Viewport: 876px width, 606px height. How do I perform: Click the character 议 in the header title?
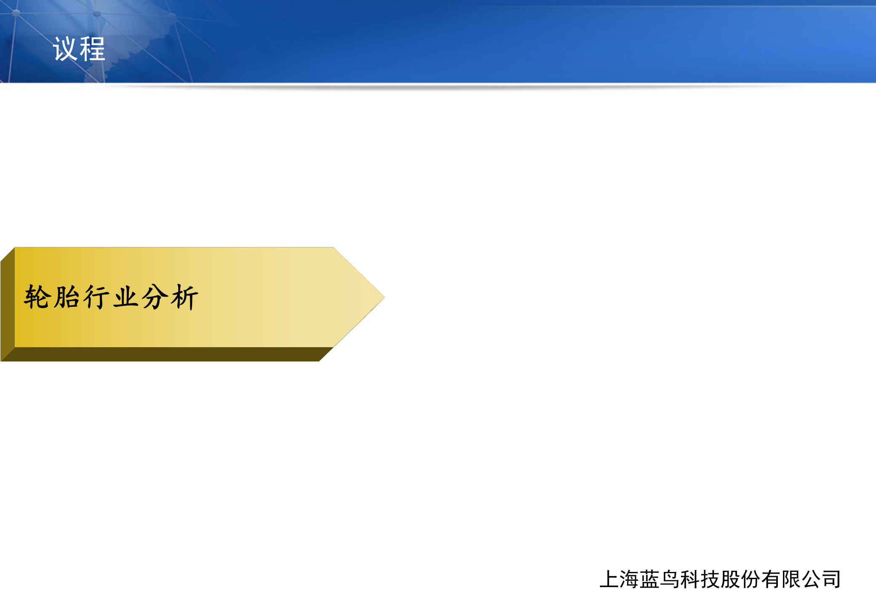coord(65,49)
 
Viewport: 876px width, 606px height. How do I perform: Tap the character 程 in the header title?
coord(92,49)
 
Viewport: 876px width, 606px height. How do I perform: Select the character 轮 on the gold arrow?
coord(37,297)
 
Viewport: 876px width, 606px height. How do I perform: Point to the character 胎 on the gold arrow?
coord(67,297)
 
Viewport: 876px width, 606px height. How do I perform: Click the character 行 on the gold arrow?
coord(96,297)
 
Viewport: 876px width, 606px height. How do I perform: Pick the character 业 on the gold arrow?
coord(126,297)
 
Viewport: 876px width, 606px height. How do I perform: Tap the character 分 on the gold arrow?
coord(155,297)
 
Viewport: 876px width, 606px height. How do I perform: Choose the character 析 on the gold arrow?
coord(184,297)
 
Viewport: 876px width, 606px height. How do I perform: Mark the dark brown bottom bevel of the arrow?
coord(168,354)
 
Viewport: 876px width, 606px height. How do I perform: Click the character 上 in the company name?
coord(609,579)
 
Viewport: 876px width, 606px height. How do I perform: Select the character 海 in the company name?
coord(630,579)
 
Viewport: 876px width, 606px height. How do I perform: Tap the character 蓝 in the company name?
coord(650,579)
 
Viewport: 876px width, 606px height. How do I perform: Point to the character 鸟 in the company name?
coord(670,579)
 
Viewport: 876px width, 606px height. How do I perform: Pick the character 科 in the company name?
coord(690,579)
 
